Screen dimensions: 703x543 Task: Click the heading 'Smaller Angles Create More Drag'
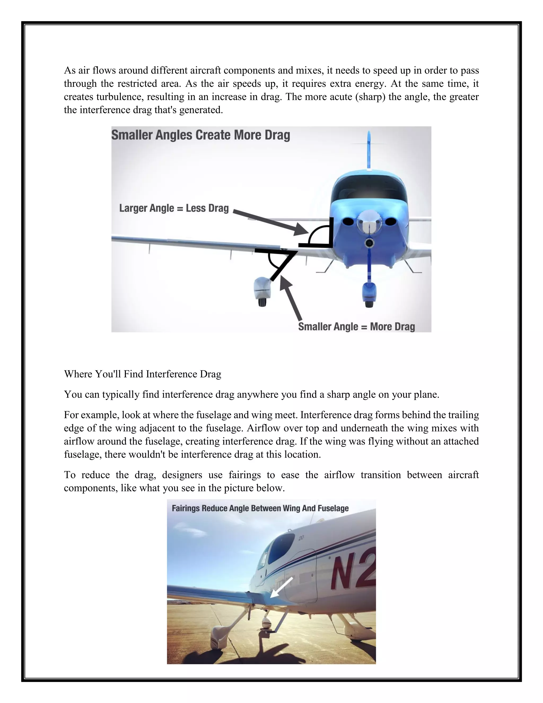tap(200, 135)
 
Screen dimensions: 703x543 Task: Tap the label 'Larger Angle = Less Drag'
tap(174, 208)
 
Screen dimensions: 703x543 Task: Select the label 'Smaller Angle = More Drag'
tap(356, 326)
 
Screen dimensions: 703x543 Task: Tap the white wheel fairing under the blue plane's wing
tap(262, 288)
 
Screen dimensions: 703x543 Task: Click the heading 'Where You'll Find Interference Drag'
tap(142, 374)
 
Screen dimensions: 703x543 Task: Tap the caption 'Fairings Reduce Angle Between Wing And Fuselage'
tap(260, 508)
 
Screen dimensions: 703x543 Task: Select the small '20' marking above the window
tap(301, 537)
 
